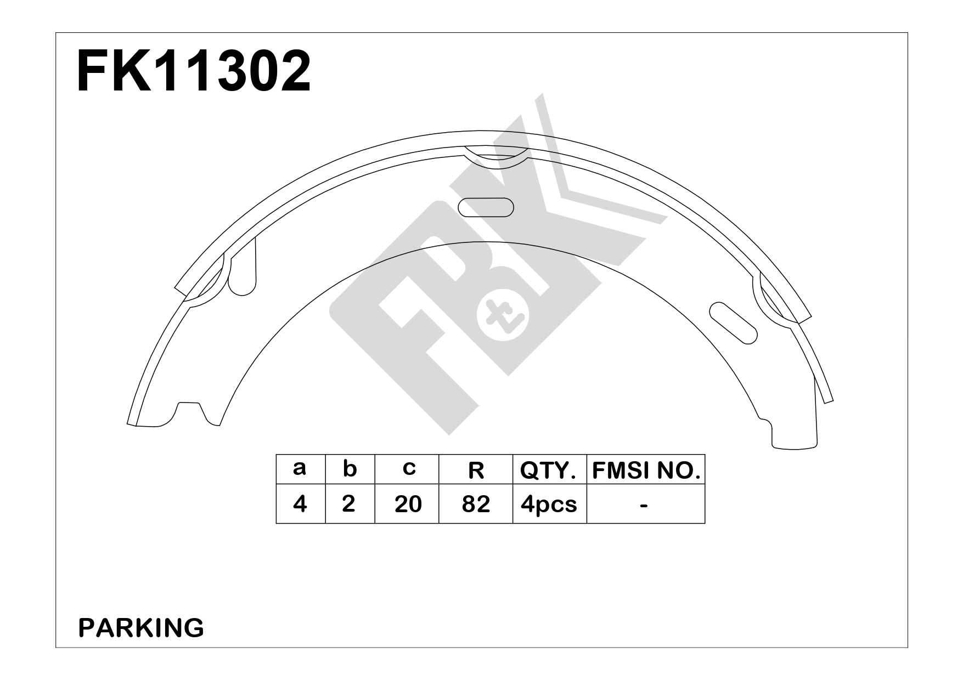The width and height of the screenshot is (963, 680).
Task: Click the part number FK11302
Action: point(194,72)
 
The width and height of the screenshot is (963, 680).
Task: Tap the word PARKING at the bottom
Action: point(141,628)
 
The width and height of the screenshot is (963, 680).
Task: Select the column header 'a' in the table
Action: point(300,469)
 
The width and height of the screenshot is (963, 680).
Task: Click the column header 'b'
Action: point(350,469)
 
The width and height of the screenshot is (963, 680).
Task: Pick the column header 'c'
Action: point(408,469)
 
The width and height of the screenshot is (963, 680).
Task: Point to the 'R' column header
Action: point(476,470)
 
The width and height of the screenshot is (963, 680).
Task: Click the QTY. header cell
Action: point(549,470)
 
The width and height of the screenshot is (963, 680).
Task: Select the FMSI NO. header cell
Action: point(646,470)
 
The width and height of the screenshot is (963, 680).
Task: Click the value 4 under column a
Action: point(300,503)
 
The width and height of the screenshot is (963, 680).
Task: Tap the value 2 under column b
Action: point(348,503)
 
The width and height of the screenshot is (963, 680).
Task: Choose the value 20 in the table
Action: point(408,503)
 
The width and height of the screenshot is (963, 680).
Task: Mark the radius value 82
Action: point(476,503)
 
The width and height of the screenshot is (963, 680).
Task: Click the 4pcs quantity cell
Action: point(549,503)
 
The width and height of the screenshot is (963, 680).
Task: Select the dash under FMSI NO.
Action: point(644,503)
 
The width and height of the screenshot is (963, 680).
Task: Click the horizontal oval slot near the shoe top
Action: point(486,208)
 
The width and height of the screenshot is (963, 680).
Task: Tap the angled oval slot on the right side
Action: point(733,323)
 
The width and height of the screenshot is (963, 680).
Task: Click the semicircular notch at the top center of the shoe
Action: point(495,157)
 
